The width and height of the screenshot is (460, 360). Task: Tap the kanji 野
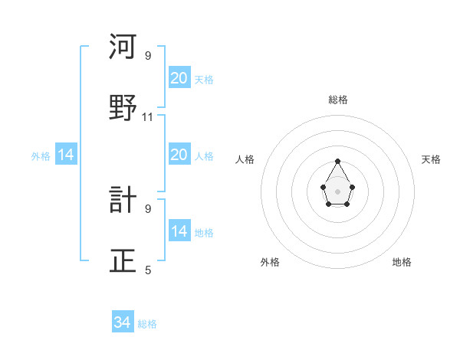(x=123, y=108)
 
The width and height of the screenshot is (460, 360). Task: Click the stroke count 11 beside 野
(x=148, y=117)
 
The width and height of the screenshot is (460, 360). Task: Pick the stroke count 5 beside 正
(x=148, y=270)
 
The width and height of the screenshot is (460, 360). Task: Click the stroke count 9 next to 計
(x=148, y=208)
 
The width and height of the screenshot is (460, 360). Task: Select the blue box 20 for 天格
(x=179, y=77)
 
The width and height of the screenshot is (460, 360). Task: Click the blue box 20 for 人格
(x=179, y=154)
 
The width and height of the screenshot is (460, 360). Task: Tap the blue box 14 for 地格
(x=179, y=231)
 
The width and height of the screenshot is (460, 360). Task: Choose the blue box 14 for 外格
(x=66, y=155)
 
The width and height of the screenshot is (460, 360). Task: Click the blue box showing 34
(x=123, y=322)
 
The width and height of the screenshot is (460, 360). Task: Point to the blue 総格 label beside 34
(x=147, y=324)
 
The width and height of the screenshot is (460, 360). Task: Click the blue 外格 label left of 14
(x=41, y=156)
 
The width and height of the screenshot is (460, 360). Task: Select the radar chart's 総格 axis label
(x=337, y=100)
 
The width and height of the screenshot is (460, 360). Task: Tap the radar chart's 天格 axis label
(x=431, y=159)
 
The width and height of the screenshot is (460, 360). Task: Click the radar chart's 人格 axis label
(x=245, y=159)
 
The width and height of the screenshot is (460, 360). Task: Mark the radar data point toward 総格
(x=337, y=161)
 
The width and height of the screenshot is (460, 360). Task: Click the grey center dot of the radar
(x=337, y=190)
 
